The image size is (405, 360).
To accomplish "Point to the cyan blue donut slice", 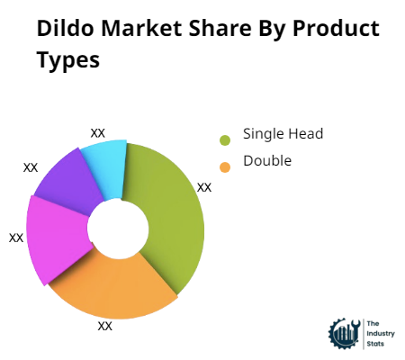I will pyautogui.click(x=106, y=166).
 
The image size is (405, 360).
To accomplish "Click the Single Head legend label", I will pyautogui.click(x=283, y=134).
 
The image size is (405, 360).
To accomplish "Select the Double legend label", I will pyautogui.click(x=267, y=161).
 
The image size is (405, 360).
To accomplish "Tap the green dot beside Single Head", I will pyautogui.click(x=225, y=139).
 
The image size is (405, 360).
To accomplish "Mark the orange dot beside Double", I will pyautogui.click(x=225, y=166).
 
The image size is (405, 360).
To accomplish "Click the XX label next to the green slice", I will pyautogui.click(x=204, y=187).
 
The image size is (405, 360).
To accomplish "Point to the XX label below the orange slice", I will pyautogui.click(x=105, y=326).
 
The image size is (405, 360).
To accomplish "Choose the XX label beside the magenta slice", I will pyautogui.click(x=16, y=238).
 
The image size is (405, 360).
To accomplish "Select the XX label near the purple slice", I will pyautogui.click(x=31, y=167).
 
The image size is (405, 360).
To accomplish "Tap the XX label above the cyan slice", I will pyautogui.click(x=98, y=133).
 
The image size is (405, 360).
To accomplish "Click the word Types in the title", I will pyautogui.click(x=68, y=61).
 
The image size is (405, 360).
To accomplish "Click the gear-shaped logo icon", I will pyautogui.click(x=345, y=333).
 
